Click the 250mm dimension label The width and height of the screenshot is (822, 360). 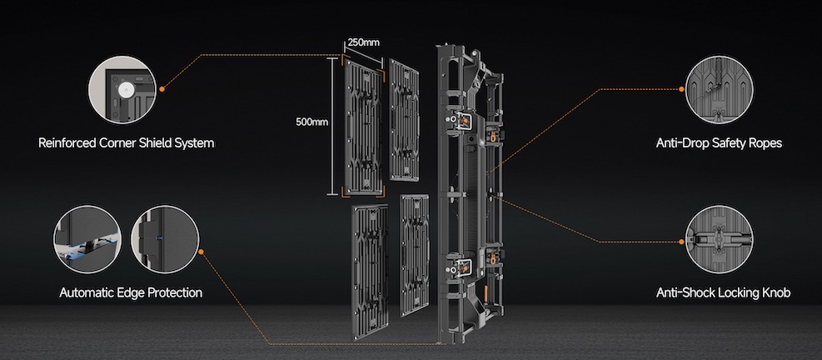tap(363, 42)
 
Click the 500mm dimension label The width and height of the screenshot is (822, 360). tap(312, 122)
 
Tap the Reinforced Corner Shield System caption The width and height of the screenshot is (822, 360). tap(127, 142)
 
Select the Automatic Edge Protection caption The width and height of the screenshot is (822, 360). tap(131, 292)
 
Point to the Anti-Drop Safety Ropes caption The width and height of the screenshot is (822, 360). tap(719, 142)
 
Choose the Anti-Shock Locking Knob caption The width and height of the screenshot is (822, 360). tap(723, 292)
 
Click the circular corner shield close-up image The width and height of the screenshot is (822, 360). tap(122, 90)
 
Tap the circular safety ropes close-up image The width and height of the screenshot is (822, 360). tap(720, 90)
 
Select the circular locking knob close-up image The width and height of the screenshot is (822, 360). tap(720, 239)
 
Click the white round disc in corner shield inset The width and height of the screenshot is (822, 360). tap(125, 90)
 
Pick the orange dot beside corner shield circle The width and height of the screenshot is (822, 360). tap(162, 89)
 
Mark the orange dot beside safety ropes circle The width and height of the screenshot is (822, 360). tap(681, 89)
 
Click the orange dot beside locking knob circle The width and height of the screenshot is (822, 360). tap(681, 242)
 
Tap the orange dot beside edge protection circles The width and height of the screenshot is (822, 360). tap(202, 252)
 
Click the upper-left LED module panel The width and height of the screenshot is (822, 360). tap(363, 126)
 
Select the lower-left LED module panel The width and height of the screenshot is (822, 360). tap(370, 272)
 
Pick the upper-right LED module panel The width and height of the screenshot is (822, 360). tap(404, 120)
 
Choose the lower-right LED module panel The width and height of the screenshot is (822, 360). tap(415, 255)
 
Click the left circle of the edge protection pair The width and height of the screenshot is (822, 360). tap(87, 239)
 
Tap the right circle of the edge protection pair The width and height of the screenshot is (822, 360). tap(165, 239)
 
